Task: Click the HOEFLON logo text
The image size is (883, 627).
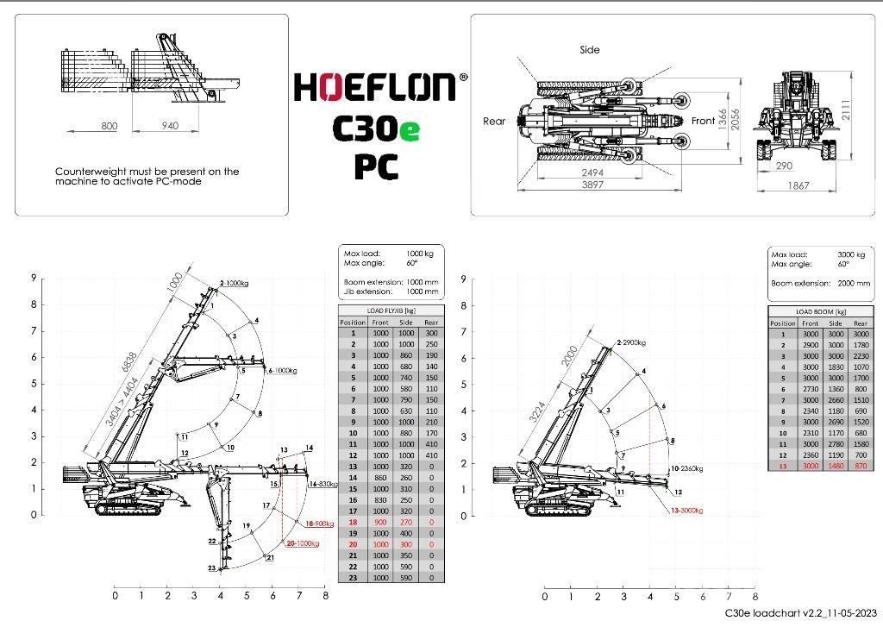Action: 375,88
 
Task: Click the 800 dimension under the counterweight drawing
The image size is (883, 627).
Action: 109,126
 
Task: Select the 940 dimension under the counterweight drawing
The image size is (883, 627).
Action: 170,126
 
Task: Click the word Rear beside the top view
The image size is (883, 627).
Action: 494,122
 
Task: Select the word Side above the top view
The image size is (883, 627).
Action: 589,50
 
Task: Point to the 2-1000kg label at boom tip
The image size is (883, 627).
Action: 234,283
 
